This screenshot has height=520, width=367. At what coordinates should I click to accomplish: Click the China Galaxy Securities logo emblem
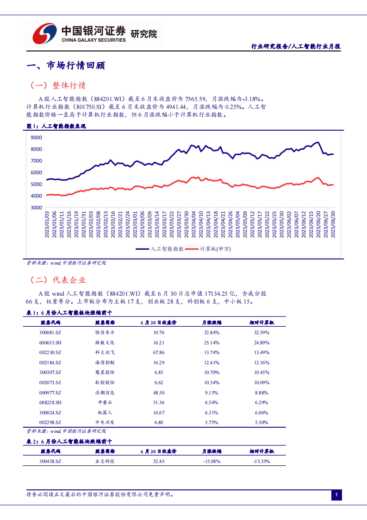(44, 33)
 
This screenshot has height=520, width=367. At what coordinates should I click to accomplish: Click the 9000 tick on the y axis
(36, 138)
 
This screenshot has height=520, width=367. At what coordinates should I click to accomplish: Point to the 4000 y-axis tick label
(36, 196)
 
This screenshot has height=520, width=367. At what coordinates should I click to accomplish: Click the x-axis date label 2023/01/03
(47, 225)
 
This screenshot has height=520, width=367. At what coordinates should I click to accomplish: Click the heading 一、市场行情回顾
(66, 66)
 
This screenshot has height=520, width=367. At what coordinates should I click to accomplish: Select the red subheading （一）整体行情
(58, 86)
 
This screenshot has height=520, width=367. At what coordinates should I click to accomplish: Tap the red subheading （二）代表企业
(58, 280)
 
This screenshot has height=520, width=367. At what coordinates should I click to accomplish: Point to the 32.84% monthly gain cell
(212, 332)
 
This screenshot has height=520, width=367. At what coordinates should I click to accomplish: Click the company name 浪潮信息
(105, 393)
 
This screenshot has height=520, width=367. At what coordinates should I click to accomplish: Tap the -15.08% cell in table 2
(212, 461)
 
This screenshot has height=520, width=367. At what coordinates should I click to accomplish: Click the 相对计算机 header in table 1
(261, 322)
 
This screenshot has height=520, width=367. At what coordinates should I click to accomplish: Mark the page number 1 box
(337, 495)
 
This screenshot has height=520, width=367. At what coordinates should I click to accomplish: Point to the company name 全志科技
(105, 461)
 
